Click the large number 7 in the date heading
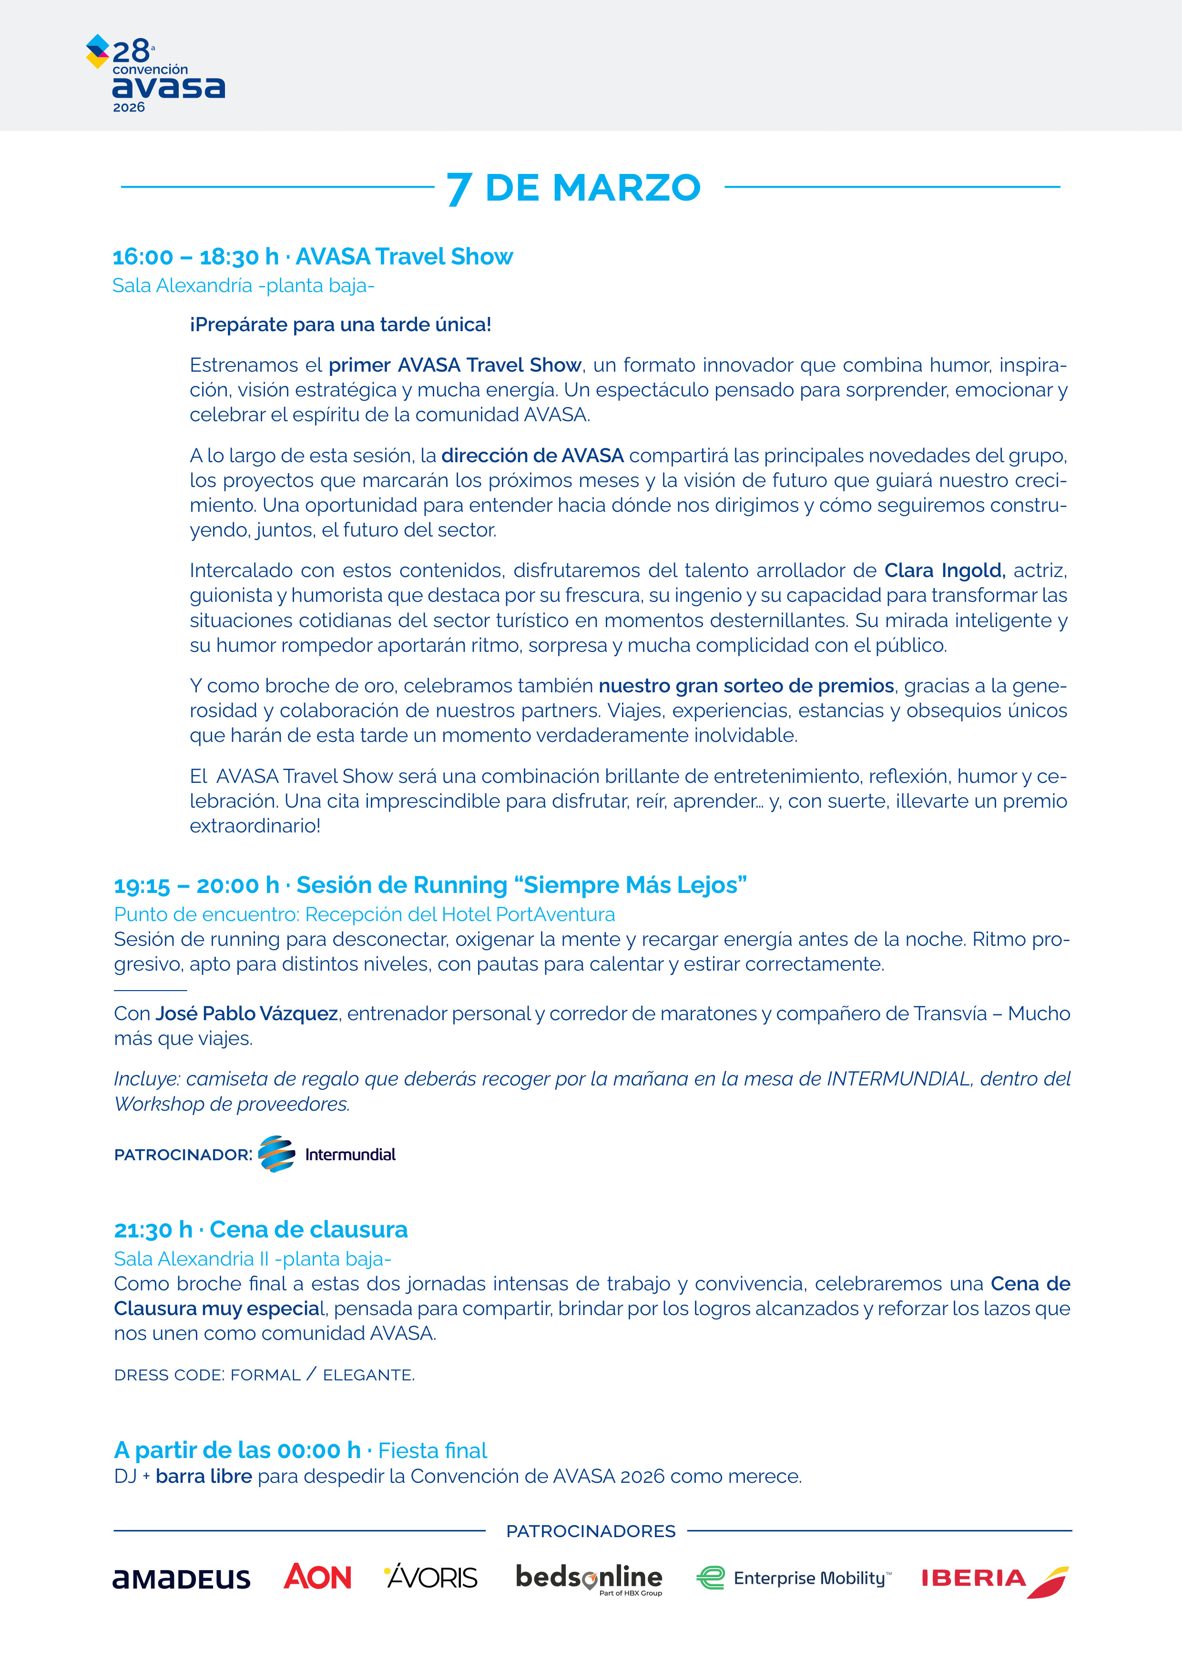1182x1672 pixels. [x=459, y=189]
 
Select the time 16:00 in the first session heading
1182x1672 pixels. [x=143, y=257]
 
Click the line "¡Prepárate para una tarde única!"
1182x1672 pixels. [x=340, y=325]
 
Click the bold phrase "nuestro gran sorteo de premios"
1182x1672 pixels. [x=746, y=686]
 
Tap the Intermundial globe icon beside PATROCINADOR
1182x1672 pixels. [x=277, y=1154]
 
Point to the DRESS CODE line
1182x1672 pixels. [x=265, y=1375]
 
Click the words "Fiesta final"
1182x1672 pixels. [x=433, y=1450]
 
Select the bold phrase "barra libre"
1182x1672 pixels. [x=204, y=1476]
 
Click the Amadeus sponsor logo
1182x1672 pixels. [x=181, y=1579]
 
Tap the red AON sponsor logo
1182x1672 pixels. [x=317, y=1577]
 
